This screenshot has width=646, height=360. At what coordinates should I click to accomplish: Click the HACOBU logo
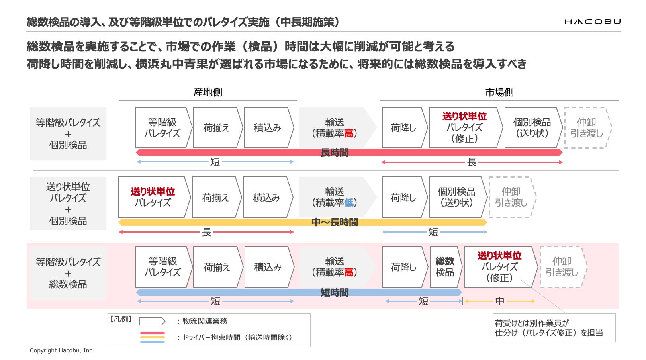coord(592,22)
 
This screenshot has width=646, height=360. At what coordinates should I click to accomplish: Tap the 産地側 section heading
coord(208,92)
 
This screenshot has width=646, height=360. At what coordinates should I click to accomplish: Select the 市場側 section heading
coord(499,92)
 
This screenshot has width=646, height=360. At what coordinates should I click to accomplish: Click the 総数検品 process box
coord(445,267)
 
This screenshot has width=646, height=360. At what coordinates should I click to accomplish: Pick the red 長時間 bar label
coord(335,153)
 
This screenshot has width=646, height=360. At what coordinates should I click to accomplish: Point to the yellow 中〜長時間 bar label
coord(335,222)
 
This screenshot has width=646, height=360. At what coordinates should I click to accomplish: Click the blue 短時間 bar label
coord(335,293)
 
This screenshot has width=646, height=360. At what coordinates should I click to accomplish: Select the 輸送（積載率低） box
coord(335,197)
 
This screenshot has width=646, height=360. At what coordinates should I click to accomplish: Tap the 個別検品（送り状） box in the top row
coord(532,127)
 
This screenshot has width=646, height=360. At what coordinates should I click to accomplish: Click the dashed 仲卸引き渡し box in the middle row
coord(511,197)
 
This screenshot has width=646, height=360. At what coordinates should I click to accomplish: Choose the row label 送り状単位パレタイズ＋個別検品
coord(68,203)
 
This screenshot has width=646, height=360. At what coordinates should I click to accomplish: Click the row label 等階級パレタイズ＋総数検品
coord(68,273)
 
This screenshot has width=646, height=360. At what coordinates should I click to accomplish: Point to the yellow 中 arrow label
coord(499,301)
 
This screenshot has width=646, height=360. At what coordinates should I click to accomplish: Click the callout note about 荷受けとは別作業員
coord(554,328)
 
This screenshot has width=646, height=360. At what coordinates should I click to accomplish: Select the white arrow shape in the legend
coord(152,321)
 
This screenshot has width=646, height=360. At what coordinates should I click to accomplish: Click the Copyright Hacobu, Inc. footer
coord(62,350)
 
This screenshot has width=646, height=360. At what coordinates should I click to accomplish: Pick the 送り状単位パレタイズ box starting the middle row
coord(153,197)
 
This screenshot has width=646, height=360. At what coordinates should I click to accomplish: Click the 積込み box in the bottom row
coord(268,267)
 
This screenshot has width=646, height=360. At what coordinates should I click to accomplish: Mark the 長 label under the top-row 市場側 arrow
coord(472,162)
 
